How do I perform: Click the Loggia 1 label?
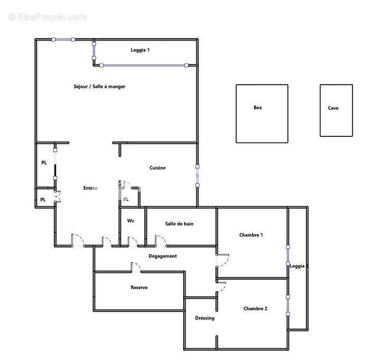(x=140, y=50)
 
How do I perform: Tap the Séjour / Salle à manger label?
(x=99, y=86)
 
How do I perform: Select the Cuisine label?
(x=158, y=168)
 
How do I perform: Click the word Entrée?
(x=90, y=188)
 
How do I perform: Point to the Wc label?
(x=130, y=221)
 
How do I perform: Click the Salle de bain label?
(x=179, y=224)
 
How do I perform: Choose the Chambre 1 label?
(x=251, y=235)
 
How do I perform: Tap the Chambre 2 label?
(x=255, y=308)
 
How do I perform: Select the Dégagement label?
(x=163, y=256)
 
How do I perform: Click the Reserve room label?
(x=139, y=288)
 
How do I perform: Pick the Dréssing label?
(x=204, y=318)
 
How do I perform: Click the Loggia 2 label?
(x=299, y=266)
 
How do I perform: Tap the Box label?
(x=257, y=108)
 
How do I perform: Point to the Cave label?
(x=333, y=108)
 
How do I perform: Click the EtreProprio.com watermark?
(x=48, y=17)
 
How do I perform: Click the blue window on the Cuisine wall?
(x=197, y=176)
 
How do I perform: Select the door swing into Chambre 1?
(x=223, y=260)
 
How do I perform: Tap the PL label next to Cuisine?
(x=126, y=199)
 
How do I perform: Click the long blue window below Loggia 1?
(x=144, y=65)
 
